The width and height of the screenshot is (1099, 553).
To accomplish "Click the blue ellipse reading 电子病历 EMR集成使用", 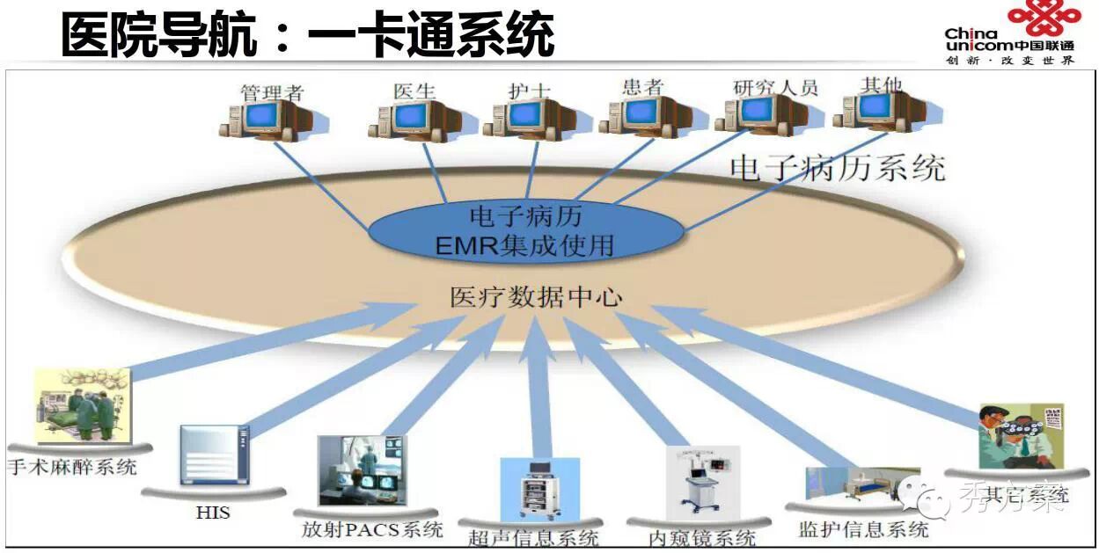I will (525, 230).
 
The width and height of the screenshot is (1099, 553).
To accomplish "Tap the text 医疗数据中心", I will (536, 297).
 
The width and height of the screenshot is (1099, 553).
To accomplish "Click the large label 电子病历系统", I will (837, 167).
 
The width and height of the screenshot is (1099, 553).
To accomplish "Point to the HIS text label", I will (213, 511).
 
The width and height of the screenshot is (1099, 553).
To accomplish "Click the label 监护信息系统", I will (863, 529).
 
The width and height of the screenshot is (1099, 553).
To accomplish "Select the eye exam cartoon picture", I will (1021, 436).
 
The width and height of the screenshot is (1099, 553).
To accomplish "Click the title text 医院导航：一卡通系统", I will (308, 36).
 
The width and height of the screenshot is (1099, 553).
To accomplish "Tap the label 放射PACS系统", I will (372, 529).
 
